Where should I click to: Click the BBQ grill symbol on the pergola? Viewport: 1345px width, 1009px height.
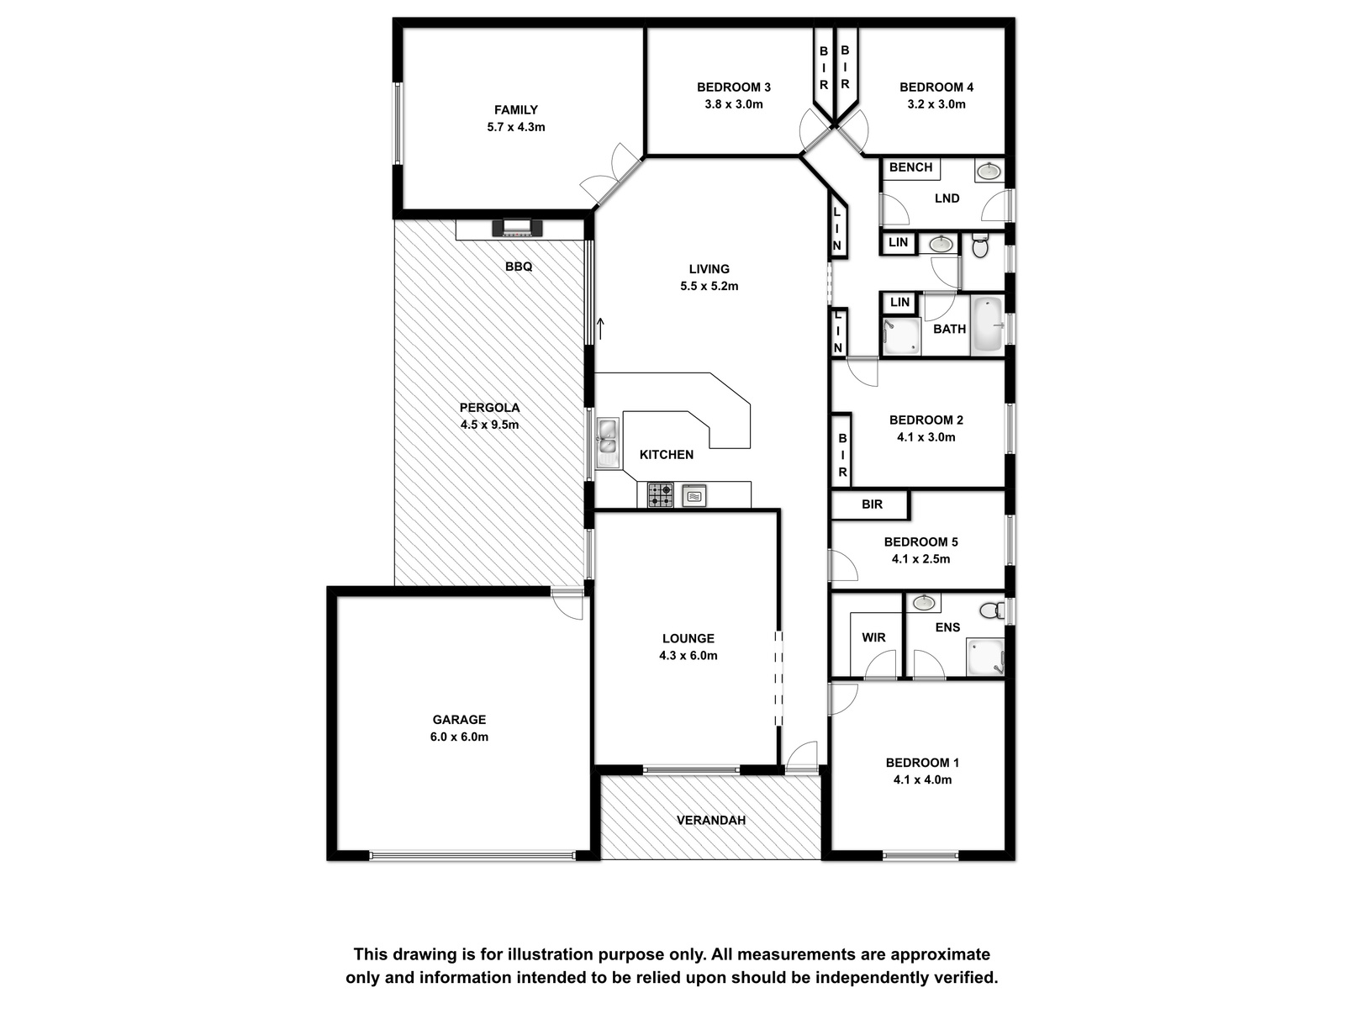coord(517,227)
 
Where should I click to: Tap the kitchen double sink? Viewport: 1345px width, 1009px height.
coord(607,442)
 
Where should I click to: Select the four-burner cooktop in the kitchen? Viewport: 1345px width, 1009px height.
coord(661,495)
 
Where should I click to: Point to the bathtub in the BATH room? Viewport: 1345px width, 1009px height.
coord(987,325)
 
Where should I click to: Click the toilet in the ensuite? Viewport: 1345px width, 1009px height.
coord(993,610)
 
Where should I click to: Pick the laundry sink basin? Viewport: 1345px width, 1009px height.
coord(989,171)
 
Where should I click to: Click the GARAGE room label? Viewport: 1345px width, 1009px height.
coord(459,719)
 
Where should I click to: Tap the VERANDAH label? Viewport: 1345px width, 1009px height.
coord(711,820)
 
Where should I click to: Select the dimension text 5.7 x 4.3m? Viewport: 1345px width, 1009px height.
coord(516,127)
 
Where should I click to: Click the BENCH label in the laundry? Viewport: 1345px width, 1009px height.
coord(910,167)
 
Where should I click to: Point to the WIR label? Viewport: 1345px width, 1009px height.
coord(873,637)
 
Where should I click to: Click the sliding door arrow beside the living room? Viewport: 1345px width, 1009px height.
coord(600,329)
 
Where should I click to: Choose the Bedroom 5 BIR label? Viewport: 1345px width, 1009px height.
coord(872,504)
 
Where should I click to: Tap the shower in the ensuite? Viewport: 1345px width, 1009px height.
coord(985,657)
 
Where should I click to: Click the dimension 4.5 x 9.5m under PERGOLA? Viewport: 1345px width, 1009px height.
coord(489,425)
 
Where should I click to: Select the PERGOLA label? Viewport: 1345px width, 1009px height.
coord(489,408)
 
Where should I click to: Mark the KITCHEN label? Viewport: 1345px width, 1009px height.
coord(667,455)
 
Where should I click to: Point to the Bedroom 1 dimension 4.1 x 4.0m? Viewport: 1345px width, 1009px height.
coord(922,780)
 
